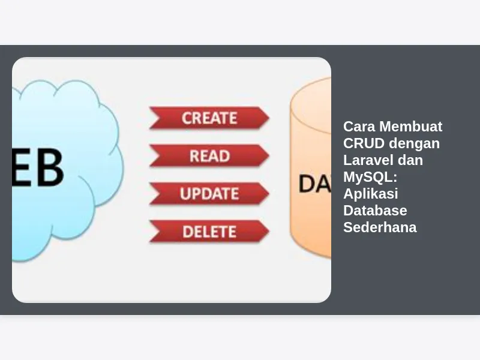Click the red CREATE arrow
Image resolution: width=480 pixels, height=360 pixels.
coord(209,118)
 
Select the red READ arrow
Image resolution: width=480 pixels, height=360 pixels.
coord(209,155)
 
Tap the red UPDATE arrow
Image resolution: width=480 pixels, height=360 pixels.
coord(209,193)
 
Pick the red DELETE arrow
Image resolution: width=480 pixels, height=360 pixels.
coord(209,231)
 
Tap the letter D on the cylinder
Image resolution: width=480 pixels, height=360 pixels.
coord(307,183)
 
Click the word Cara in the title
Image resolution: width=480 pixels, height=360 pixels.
coord(359,127)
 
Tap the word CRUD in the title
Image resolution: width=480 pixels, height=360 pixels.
coord(364,143)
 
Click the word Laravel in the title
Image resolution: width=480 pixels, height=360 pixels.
coord(365,160)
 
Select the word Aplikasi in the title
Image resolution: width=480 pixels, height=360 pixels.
coord(370,194)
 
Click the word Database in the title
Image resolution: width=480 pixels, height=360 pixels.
coord(375,211)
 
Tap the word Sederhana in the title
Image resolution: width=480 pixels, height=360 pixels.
coord(380,227)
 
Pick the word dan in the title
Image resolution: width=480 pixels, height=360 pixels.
coord(411,160)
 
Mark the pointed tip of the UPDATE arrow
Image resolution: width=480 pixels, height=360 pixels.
coord(268,193)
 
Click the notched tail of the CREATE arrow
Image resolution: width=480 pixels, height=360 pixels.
coord(154,118)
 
